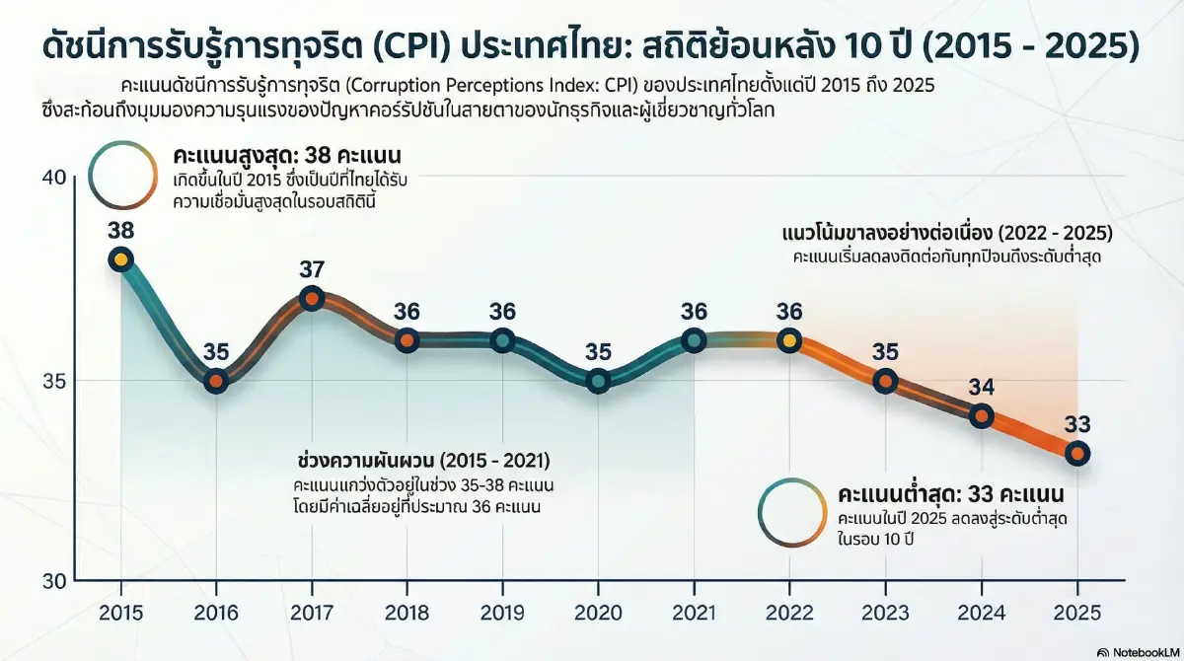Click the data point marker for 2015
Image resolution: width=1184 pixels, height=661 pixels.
click(x=120, y=259)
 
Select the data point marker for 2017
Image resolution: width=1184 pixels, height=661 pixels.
click(x=311, y=299)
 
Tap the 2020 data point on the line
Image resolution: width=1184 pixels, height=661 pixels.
click(x=598, y=381)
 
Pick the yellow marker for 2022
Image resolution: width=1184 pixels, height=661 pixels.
click(x=788, y=340)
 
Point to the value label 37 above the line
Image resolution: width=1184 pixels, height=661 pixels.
click(x=311, y=270)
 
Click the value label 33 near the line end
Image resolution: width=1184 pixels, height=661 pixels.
click(x=1077, y=425)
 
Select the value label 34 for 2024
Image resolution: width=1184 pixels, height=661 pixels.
click(x=981, y=388)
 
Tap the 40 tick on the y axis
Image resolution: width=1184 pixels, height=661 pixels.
click(x=53, y=178)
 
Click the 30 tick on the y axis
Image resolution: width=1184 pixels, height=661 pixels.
click(x=53, y=580)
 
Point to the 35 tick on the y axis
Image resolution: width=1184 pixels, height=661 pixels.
click(x=53, y=380)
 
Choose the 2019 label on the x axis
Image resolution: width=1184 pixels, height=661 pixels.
click(x=502, y=613)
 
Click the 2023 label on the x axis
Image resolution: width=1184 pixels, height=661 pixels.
click(x=885, y=613)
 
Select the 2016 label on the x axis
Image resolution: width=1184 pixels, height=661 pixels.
click(x=215, y=613)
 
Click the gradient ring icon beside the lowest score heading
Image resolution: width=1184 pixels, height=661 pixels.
click(x=792, y=511)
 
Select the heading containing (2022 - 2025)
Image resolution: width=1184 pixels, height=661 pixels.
click(x=946, y=235)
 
